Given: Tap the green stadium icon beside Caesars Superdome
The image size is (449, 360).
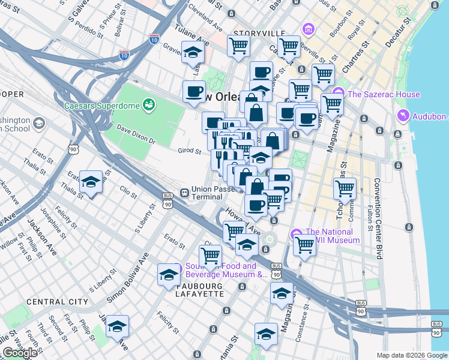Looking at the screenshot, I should point(148,106).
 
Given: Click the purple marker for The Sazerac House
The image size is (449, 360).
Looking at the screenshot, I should point(339,94).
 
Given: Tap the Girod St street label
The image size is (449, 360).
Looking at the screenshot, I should point(189,151).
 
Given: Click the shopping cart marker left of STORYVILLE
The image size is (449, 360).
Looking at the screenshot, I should point(238,46).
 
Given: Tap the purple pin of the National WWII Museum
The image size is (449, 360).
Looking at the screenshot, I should point(295,233).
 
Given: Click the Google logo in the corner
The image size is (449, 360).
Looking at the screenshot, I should point(20,353).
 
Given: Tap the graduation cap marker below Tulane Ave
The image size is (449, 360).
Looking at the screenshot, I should point(193,52).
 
